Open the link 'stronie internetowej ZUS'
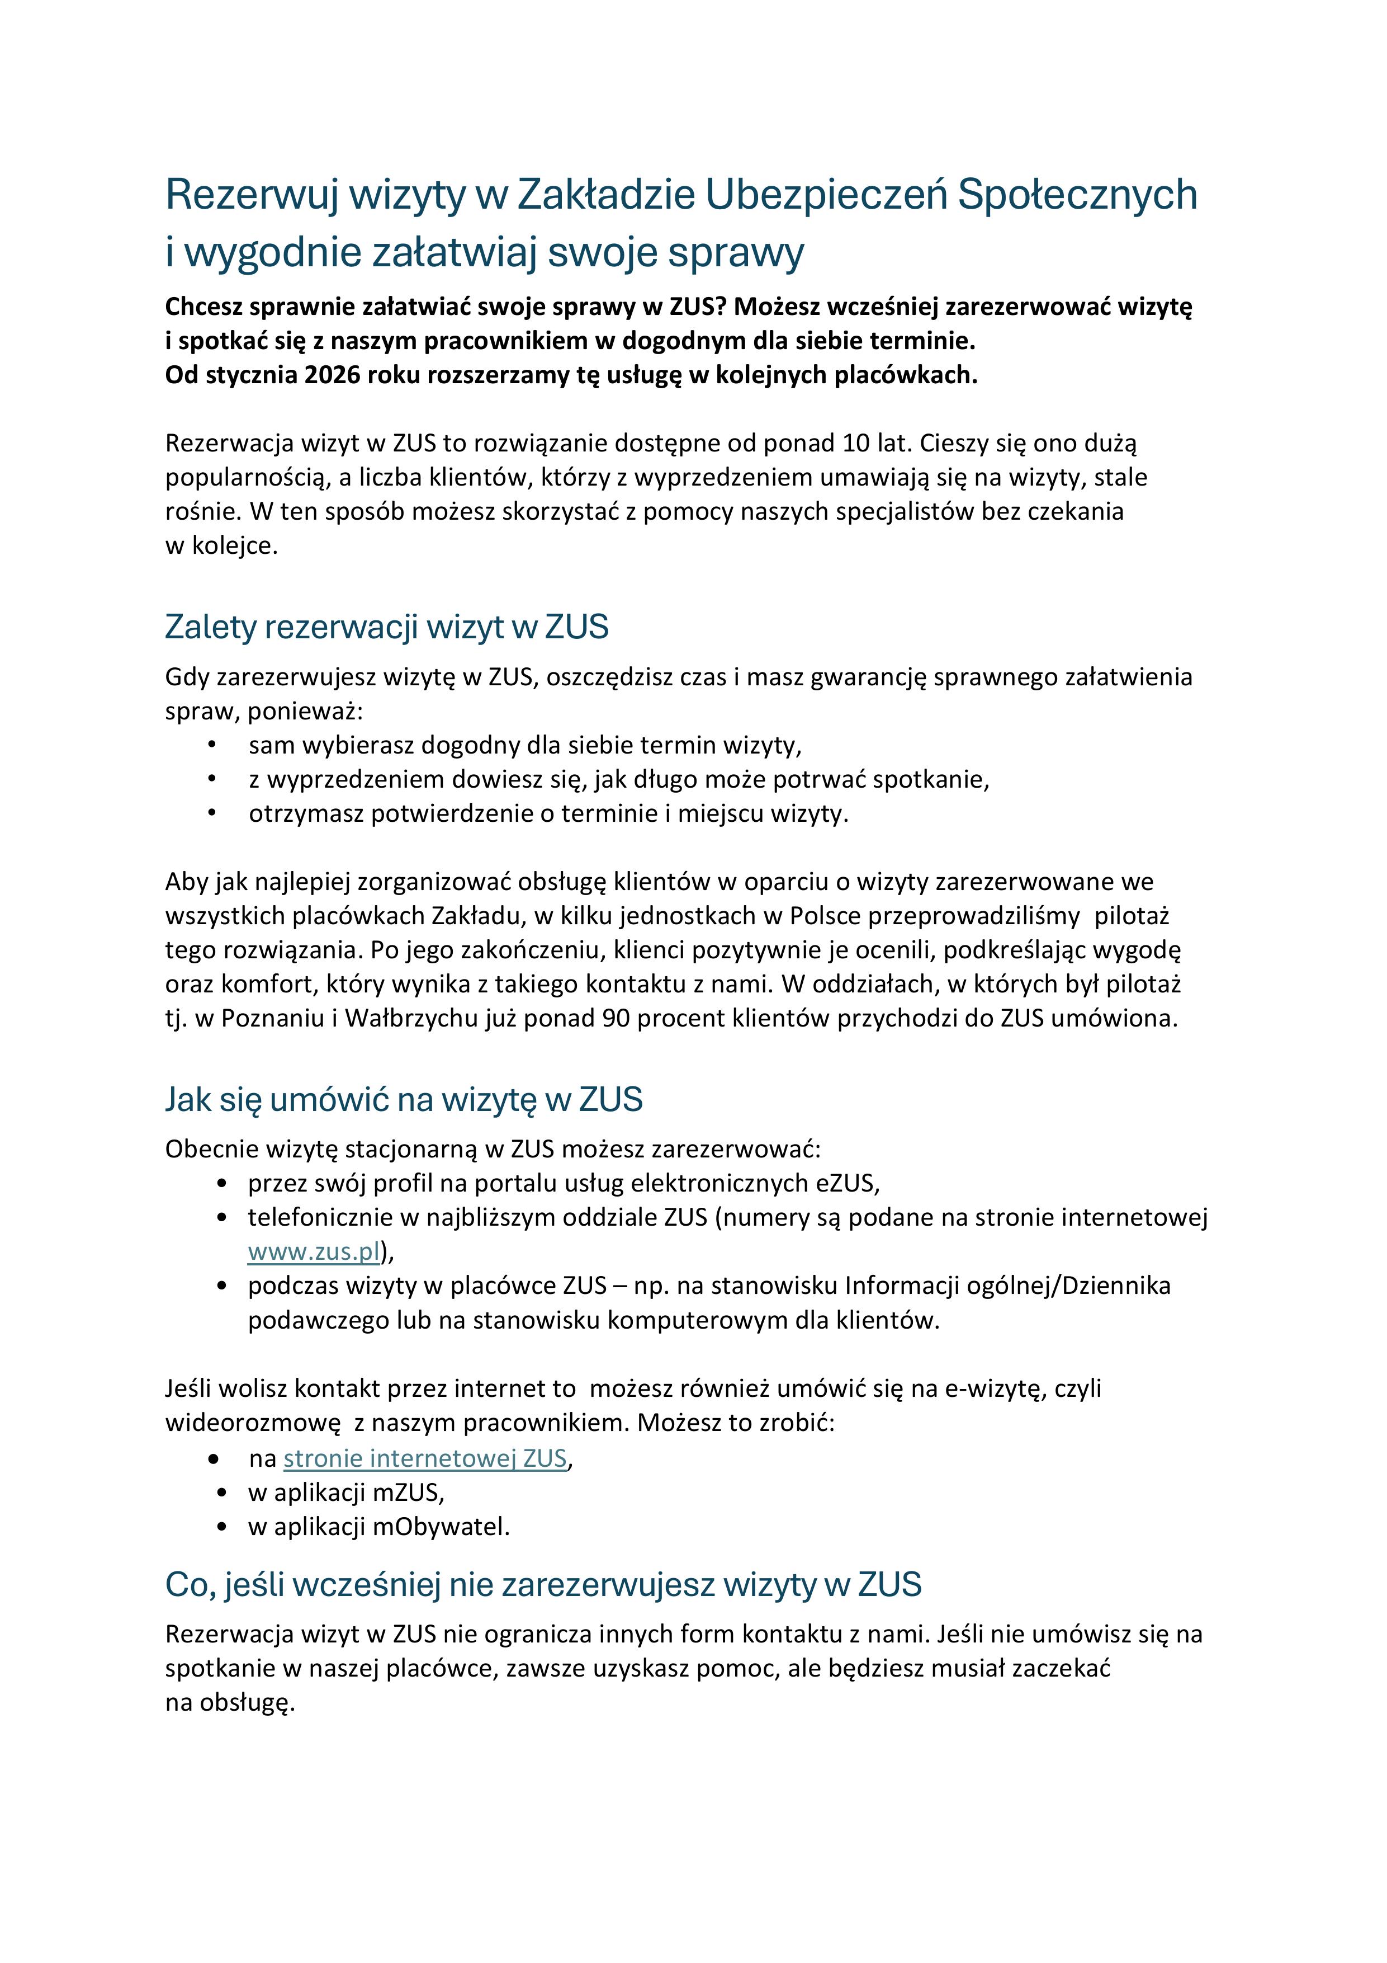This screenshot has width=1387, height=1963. [x=425, y=1458]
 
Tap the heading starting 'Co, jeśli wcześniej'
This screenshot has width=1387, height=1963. [x=543, y=1584]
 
